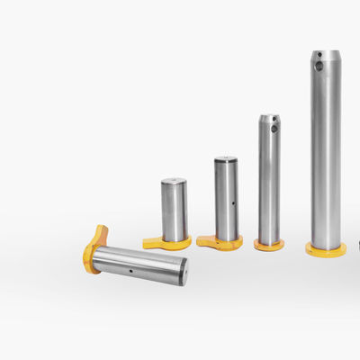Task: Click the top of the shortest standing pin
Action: (x=174, y=182)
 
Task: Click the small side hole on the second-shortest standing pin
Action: (x=233, y=202)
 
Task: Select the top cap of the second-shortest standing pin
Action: (x=226, y=159)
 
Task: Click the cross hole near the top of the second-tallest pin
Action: (x=274, y=129)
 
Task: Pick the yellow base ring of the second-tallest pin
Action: (x=268, y=244)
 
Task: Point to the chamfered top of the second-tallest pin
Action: (x=269, y=116)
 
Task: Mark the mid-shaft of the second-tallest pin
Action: (x=269, y=184)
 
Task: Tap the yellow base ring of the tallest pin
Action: (x=326, y=249)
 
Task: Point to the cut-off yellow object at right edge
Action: (x=358, y=244)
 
